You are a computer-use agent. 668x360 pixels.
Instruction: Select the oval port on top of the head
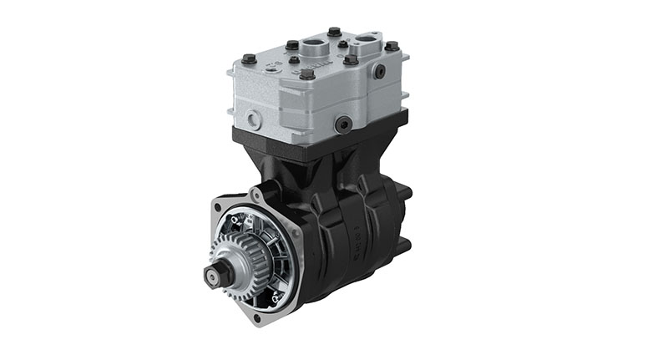[x=367, y=41]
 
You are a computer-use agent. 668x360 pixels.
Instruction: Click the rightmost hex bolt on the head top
[x=391, y=49]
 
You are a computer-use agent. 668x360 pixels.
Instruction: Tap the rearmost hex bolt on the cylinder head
[x=335, y=32]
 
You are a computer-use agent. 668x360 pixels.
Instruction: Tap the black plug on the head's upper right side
[x=380, y=72]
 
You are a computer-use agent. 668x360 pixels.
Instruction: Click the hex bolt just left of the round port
[x=292, y=45]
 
